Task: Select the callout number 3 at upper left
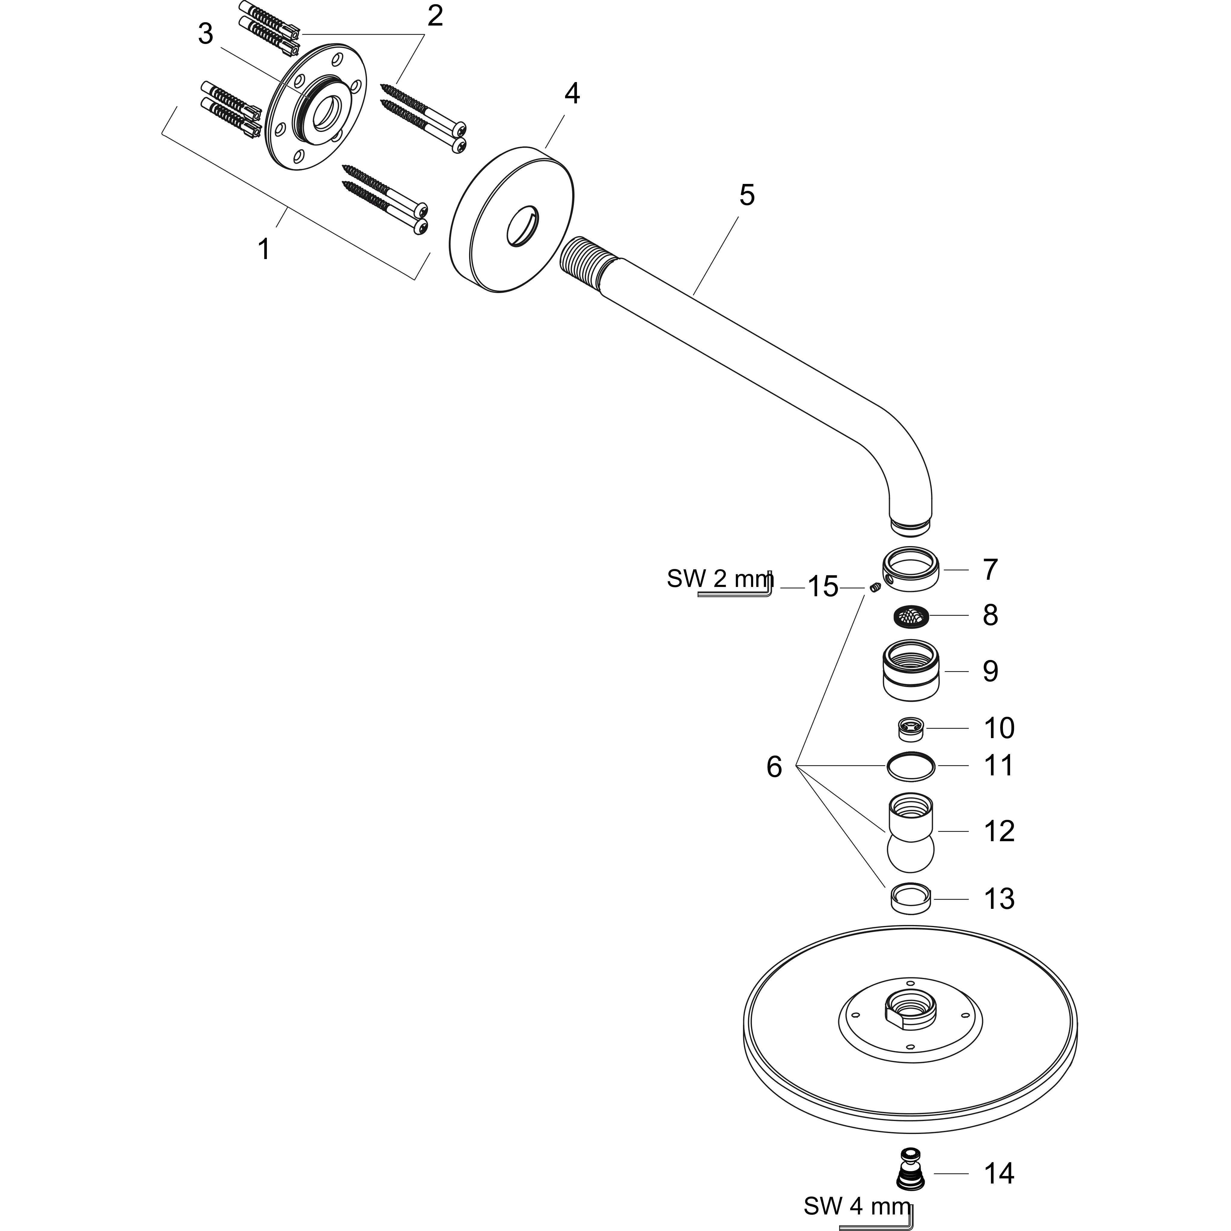pyautogui.click(x=205, y=34)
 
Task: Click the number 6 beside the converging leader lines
pyautogui.click(x=774, y=766)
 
